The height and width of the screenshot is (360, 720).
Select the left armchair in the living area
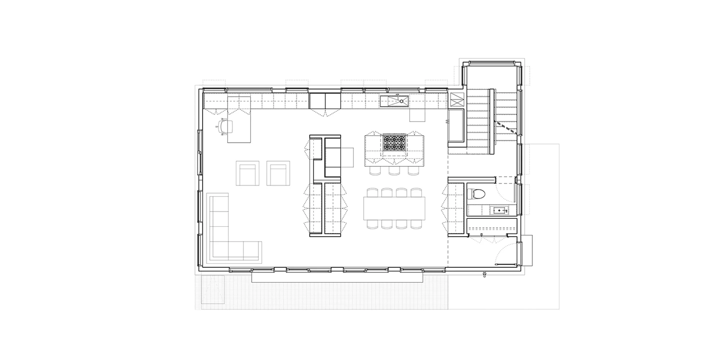point(247,173)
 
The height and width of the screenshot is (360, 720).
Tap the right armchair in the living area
point(278,173)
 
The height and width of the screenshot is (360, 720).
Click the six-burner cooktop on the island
point(394,143)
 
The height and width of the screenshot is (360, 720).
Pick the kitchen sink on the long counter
point(394,102)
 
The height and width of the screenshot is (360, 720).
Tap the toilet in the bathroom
point(477,194)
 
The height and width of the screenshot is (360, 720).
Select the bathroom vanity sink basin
point(499,210)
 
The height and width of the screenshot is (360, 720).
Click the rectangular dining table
point(394,208)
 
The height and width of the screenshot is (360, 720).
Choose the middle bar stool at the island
point(394,170)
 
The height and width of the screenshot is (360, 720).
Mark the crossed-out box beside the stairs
point(457,99)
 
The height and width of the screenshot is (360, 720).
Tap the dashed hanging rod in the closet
point(492,228)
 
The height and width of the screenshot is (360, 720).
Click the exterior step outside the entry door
point(527,250)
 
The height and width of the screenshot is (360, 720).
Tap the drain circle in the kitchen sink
point(401,102)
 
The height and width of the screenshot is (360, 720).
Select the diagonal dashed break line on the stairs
point(506,127)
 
